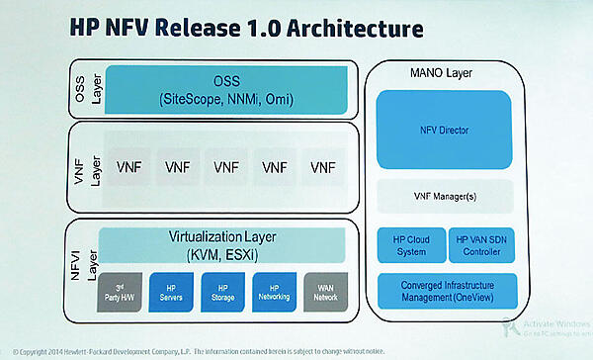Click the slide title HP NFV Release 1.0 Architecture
(x=235, y=28)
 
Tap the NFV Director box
(x=457, y=130)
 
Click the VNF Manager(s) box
(x=457, y=197)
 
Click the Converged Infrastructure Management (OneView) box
(x=457, y=290)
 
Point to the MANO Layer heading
(x=414, y=71)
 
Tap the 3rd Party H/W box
(x=119, y=289)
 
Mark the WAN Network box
(x=327, y=289)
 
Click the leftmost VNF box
(x=124, y=166)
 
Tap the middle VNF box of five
(x=225, y=166)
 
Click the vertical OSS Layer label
(x=84, y=88)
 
